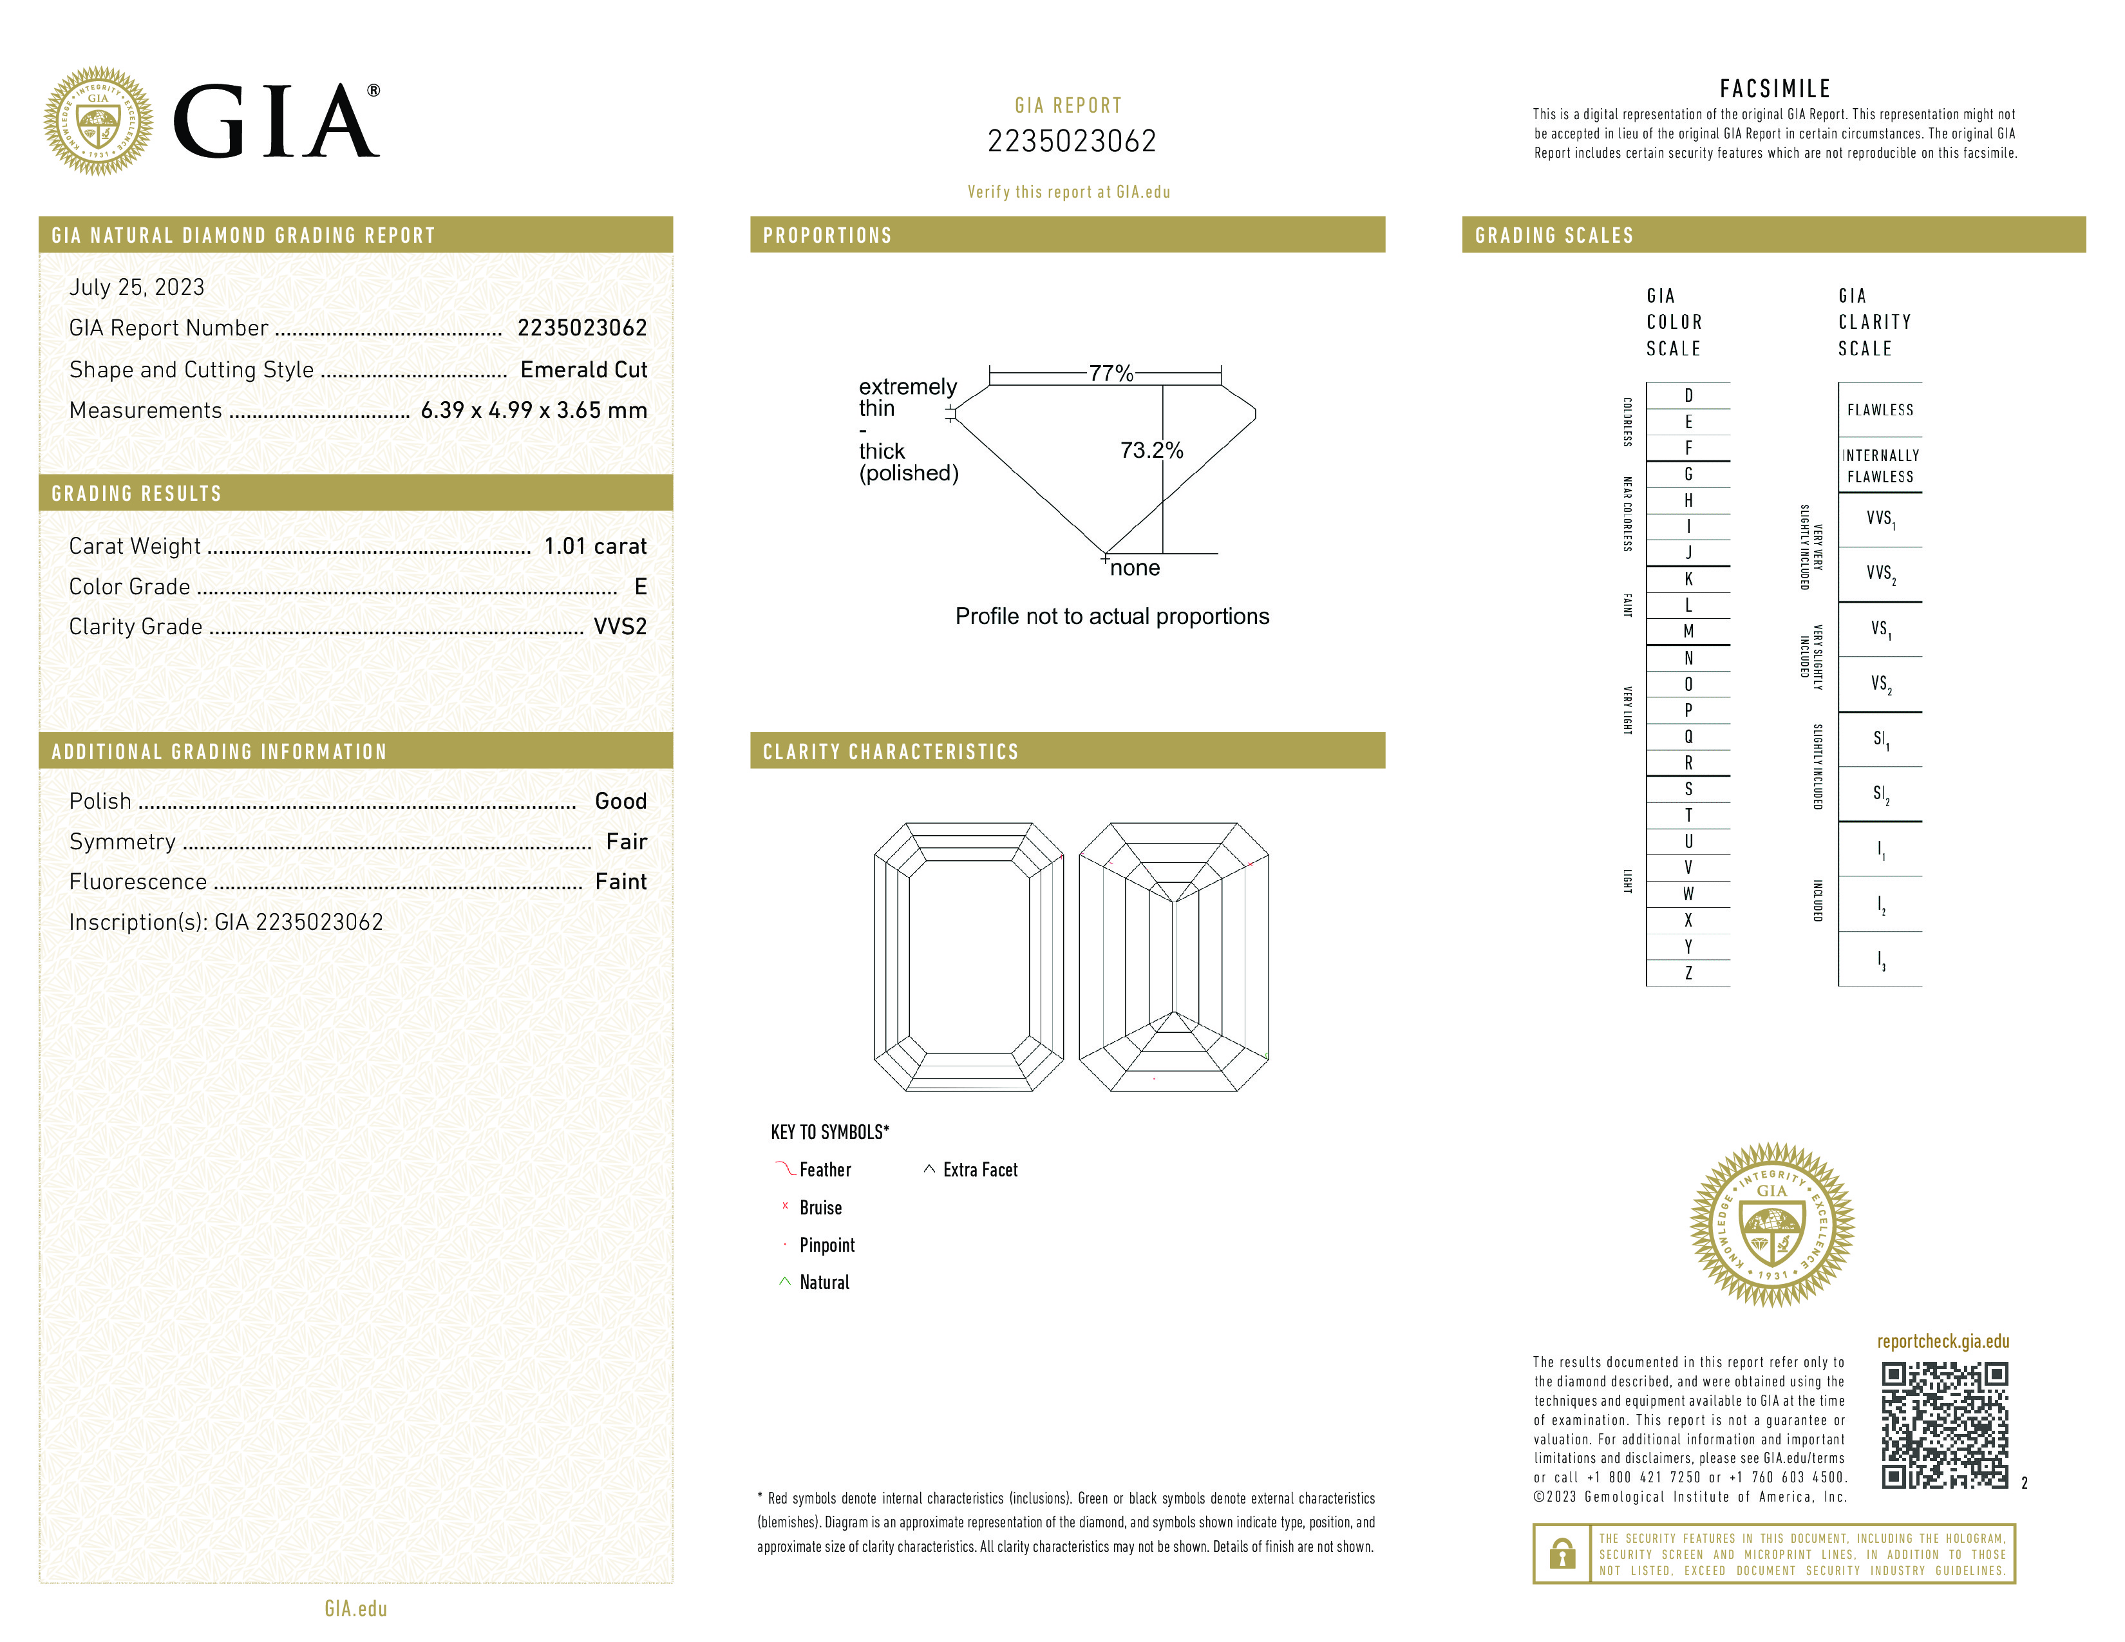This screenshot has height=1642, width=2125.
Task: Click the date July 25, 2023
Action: click(x=137, y=287)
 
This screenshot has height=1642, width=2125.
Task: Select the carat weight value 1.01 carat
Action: click(x=594, y=545)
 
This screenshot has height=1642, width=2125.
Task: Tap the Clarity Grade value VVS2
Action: click(x=619, y=627)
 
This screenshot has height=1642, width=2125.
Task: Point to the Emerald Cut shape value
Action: click(x=583, y=370)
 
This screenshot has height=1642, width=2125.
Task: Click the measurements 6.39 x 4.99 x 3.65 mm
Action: click(x=533, y=411)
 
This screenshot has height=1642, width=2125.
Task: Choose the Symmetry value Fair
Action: click(x=626, y=842)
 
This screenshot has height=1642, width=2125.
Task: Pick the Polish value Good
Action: click(x=621, y=800)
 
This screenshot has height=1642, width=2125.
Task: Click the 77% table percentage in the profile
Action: click(x=1110, y=373)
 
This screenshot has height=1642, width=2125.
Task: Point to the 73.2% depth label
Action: click(x=1151, y=450)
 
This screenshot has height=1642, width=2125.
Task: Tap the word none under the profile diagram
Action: click(x=1135, y=568)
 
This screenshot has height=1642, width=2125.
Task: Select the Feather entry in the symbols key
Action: click(x=824, y=1169)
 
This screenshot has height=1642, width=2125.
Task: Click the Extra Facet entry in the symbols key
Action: click(x=979, y=1169)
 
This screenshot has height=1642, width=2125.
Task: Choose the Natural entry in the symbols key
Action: click(x=823, y=1282)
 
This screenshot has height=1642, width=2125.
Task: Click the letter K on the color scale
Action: click(x=1688, y=579)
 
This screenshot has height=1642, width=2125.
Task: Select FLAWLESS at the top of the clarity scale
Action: click(x=1880, y=410)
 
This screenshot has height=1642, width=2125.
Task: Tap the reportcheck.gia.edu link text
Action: click(x=1942, y=1341)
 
